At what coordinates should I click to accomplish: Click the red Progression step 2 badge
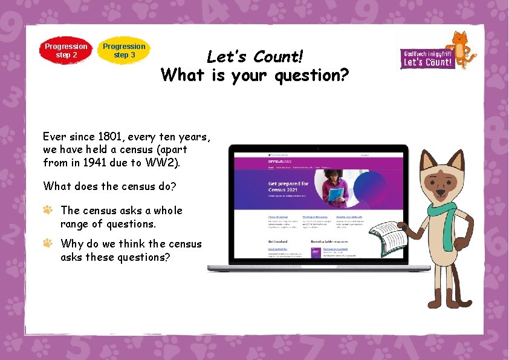tap(66, 50)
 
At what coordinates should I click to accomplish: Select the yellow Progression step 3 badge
tap(124, 50)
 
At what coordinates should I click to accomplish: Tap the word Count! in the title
tap(277, 57)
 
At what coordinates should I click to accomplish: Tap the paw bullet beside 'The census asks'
tap(48, 210)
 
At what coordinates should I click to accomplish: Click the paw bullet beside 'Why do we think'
tap(48, 243)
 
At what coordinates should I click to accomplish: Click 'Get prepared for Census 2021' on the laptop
tap(288, 186)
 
